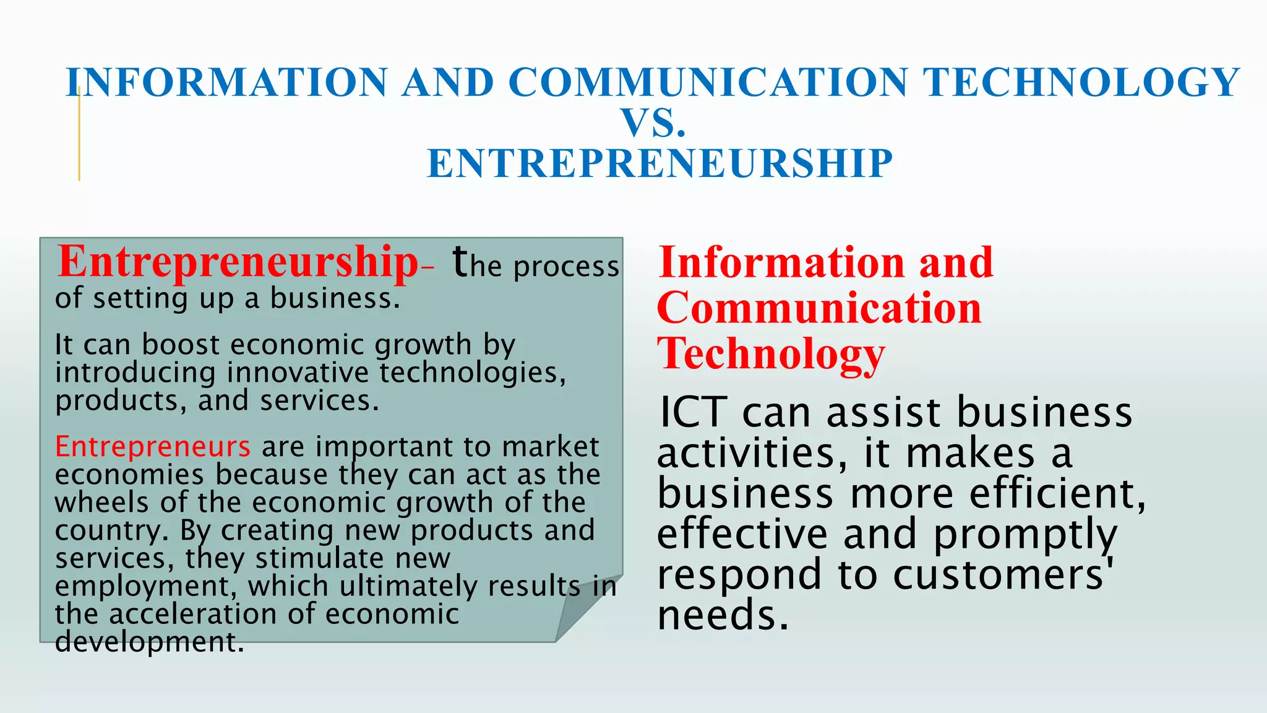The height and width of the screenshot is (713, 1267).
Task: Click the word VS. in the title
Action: pos(654,123)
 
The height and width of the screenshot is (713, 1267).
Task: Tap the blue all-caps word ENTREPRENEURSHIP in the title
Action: pos(659,164)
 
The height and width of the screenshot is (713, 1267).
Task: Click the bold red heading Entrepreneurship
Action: pos(238,262)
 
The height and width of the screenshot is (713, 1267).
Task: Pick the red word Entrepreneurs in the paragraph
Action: pos(152,446)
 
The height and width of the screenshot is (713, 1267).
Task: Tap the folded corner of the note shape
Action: pos(585,613)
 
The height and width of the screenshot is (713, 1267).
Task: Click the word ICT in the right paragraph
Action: pos(692,412)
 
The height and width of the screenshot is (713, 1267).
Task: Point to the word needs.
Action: pos(723,616)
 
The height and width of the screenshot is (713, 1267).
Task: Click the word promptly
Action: pos(1024,535)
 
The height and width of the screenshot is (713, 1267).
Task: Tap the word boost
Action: pos(181,345)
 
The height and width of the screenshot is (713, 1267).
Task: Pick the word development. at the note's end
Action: pos(149,642)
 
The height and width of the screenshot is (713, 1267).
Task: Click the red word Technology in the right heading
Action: pos(771,354)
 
